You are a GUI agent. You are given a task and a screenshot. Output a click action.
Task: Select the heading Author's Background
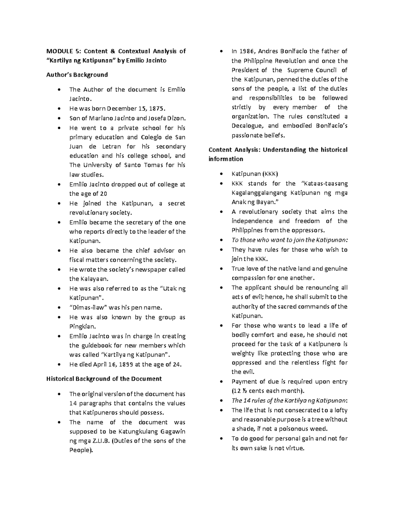pyautogui.click(x=77, y=75)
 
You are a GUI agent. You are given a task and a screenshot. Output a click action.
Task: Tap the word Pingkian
pyautogui.click(x=82, y=326)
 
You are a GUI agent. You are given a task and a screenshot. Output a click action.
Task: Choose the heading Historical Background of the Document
pyautogui.click(x=104, y=379)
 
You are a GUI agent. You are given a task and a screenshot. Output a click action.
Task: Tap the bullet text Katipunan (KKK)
pyautogui.click(x=254, y=174)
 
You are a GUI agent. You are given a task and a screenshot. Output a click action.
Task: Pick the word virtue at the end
pyautogui.click(x=295, y=448)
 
